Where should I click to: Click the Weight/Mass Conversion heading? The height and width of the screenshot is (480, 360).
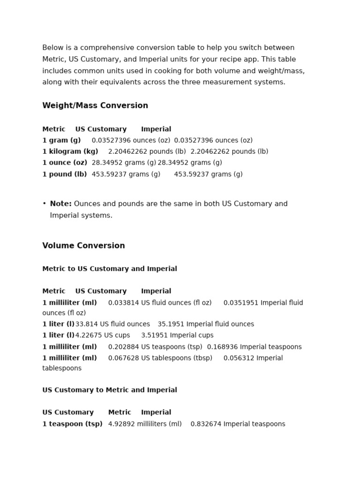tap(95, 105)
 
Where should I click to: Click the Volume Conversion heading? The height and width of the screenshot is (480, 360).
tap(83, 246)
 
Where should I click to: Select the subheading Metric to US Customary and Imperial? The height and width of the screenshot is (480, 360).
tap(110, 269)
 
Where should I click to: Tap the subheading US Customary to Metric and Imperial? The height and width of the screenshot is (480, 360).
tap(110, 390)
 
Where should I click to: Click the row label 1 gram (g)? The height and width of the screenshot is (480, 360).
tap(61, 140)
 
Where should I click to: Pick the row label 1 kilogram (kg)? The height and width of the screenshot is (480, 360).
tap(70, 151)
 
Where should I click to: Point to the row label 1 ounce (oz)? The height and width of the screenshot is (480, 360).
tap(65, 163)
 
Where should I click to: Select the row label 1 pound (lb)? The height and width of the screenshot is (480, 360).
tap(65, 174)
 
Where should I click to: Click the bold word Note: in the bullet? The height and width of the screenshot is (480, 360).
tap(61, 204)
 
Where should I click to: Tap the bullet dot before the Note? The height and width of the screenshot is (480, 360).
tap(44, 203)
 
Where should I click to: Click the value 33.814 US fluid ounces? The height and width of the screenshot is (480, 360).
tap(112, 324)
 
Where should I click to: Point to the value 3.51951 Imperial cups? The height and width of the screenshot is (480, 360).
tap(177, 335)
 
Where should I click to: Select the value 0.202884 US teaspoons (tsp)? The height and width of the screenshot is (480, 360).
tap(155, 347)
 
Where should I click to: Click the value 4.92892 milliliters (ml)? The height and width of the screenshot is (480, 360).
tap(145, 424)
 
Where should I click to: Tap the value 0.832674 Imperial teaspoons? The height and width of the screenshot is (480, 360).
tap(238, 424)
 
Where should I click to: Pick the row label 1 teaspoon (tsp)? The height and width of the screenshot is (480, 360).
tap(72, 424)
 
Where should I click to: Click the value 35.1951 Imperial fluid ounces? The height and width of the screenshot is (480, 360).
tap(206, 324)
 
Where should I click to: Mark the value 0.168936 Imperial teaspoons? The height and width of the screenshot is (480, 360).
tap(254, 347)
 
